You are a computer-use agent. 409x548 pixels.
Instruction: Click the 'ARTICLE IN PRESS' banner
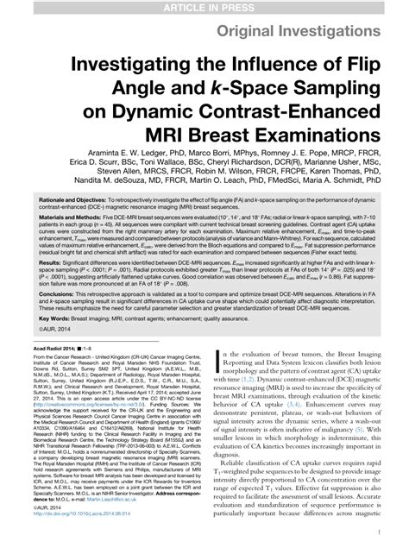coord(204,7)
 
